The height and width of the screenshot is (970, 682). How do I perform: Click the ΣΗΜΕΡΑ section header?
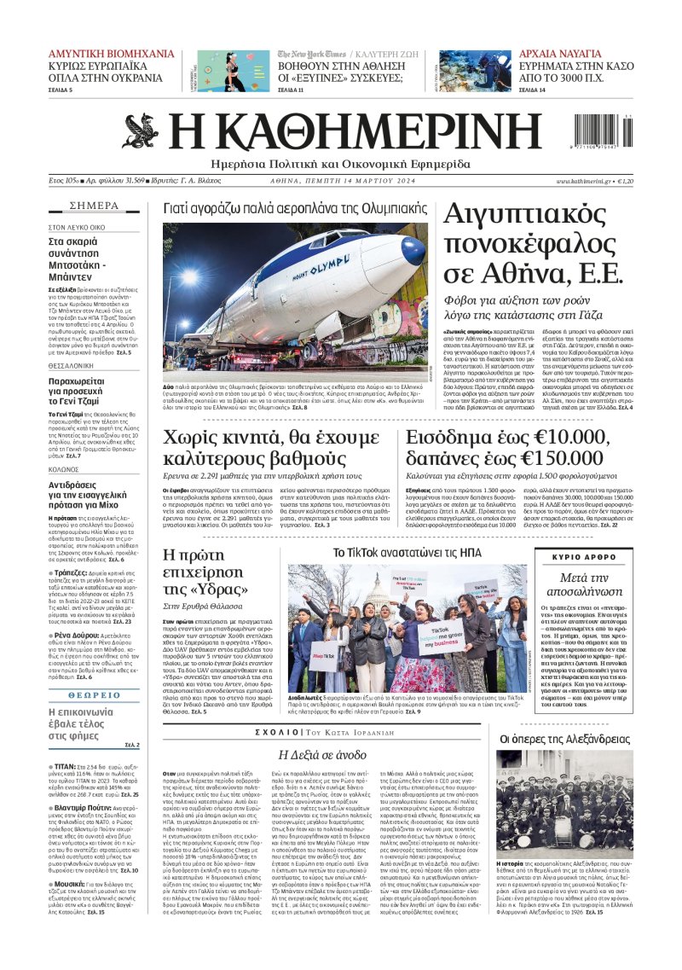pyautogui.click(x=94, y=206)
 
